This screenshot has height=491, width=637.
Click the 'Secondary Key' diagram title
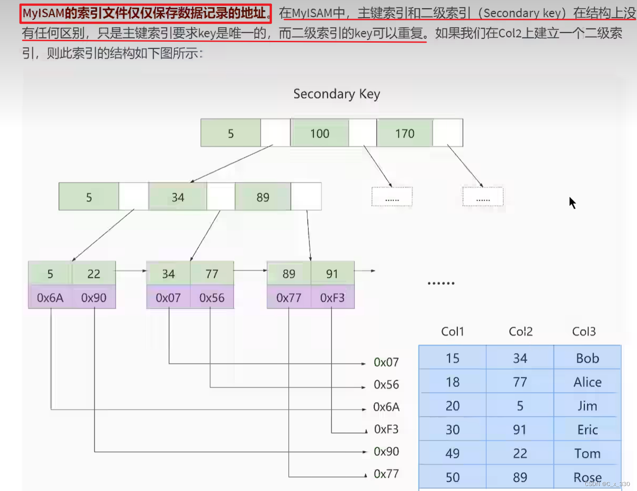point(336,94)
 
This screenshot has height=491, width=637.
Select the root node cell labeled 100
point(320,133)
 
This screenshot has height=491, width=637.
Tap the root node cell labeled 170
point(404,133)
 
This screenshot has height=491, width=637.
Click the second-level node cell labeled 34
point(178,197)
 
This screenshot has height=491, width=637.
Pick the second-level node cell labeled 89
point(263,197)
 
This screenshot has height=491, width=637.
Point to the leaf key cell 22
point(94,274)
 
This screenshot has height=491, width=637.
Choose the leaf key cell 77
point(212,274)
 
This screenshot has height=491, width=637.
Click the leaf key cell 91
point(332,274)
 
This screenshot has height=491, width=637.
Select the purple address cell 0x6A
point(50,298)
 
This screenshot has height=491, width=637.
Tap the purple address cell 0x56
point(212,298)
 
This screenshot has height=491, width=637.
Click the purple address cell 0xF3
point(332,298)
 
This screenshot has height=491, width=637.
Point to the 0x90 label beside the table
point(386,452)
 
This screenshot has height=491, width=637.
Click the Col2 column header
point(520,331)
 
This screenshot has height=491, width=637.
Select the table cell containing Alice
point(588,382)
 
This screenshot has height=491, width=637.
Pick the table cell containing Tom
point(588,453)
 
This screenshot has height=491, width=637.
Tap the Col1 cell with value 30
point(452,430)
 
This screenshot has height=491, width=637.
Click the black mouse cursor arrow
point(572,202)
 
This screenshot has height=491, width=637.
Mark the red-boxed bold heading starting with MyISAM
point(146,14)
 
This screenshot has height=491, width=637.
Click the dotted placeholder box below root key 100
point(392,197)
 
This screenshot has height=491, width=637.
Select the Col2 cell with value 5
point(520,406)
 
